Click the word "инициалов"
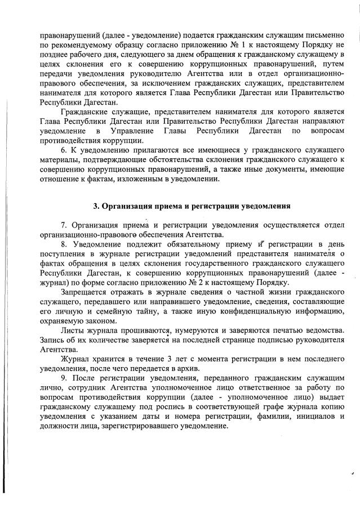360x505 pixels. pos(312,417)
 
